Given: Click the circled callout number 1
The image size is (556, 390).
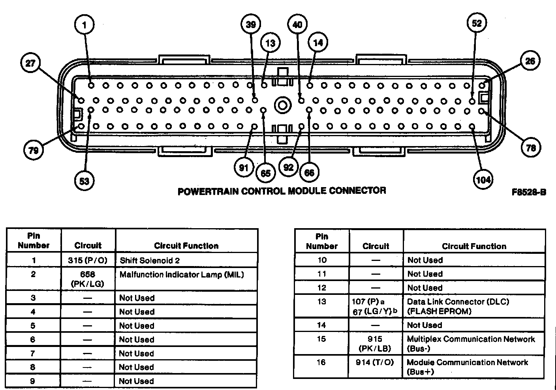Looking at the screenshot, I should click(x=84, y=25).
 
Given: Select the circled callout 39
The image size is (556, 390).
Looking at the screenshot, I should click(x=251, y=24).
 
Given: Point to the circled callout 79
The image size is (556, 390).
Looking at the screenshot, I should click(x=34, y=150).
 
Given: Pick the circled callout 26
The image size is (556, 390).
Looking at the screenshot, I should click(x=530, y=61).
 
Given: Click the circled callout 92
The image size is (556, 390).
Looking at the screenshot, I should click(x=289, y=167).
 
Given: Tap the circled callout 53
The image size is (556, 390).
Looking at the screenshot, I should click(x=84, y=181).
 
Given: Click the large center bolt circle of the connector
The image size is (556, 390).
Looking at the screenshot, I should click(x=283, y=105).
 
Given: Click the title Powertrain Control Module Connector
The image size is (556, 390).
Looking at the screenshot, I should click(x=282, y=191).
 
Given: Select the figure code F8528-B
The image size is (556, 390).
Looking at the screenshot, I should click(x=529, y=192).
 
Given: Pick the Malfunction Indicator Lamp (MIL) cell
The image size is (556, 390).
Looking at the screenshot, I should click(x=182, y=275).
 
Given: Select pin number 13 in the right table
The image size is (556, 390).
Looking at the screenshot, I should click(x=321, y=302).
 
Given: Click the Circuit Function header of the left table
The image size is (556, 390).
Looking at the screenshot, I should click(x=186, y=246).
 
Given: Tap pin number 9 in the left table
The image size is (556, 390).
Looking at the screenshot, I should click(x=33, y=381).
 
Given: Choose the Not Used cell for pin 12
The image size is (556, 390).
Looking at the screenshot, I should click(x=425, y=288).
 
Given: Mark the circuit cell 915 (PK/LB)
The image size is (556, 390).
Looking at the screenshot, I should click(x=375, y=343).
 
